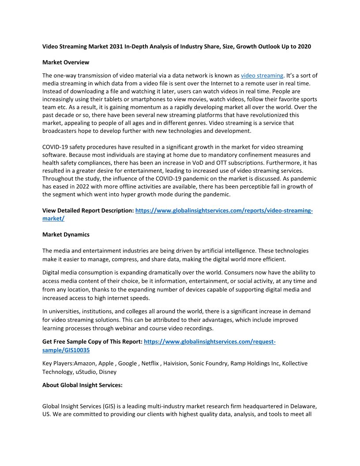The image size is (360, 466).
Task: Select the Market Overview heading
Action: click(66, 62)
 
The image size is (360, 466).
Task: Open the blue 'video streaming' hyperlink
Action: click(262, 75)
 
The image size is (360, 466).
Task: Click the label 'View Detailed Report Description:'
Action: click(88, 211)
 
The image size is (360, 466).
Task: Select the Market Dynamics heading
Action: click(66, 235)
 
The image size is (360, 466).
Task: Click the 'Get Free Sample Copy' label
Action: click(92, 342)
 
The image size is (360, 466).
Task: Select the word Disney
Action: click(107, 372)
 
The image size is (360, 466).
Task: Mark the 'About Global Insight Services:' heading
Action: click(82, 385)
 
